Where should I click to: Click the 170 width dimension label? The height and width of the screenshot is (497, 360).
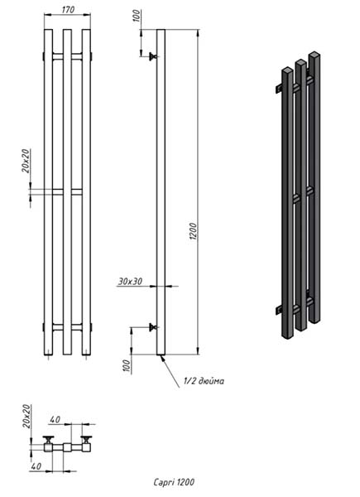(68, 10)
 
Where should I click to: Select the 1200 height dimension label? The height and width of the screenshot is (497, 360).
(194, 231)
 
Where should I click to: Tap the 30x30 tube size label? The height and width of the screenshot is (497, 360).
(130, 281)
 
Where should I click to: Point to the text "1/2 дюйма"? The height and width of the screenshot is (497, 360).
(204, 381)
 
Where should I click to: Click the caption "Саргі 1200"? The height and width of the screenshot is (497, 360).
(174, 482)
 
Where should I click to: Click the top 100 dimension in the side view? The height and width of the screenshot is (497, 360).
(136, 16)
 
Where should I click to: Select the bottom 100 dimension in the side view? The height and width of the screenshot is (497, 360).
(127, 365)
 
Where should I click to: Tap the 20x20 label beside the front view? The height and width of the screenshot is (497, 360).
(26, 161)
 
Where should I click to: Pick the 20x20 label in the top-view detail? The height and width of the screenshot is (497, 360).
(27, 416)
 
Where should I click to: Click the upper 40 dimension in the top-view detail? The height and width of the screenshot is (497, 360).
(55, 420)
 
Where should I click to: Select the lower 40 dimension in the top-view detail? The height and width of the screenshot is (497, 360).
(36, 466)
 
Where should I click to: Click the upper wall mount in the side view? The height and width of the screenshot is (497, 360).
(153, 56)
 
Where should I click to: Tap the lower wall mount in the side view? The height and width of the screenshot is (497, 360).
(153, 327)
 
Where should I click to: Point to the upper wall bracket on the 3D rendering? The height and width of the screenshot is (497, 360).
(278, 89)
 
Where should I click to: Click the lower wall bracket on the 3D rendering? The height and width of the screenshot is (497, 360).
(278, 310)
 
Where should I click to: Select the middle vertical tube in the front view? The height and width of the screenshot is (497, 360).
(67, 192)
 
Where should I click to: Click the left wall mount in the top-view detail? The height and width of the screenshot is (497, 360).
(49, 439)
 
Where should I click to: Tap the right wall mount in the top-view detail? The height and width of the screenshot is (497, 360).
(86, 439)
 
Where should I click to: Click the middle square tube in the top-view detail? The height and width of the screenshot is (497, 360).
(67, 447)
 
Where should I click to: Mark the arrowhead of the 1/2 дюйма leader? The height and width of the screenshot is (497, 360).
(163, 358)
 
